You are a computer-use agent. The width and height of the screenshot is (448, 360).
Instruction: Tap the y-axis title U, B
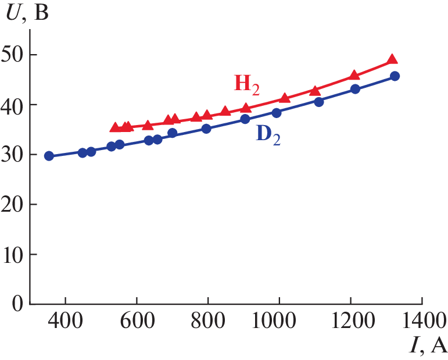coord(26,13)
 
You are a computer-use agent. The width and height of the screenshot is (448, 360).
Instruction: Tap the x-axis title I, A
coord(428,346)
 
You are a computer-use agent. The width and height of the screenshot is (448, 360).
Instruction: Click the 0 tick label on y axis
coord(18,304)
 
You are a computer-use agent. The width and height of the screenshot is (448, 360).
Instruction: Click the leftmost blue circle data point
coord(49,156)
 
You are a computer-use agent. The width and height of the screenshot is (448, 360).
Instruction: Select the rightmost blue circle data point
coord(395,76)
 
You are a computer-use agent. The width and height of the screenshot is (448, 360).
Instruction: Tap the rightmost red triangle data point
coord(392,59)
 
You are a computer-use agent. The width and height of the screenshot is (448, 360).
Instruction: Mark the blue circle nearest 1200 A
coord(356,89)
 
